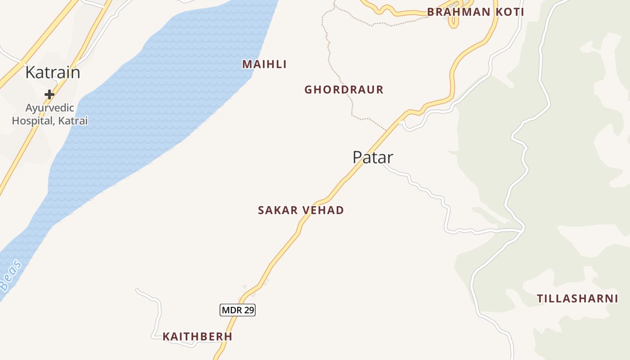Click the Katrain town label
53,72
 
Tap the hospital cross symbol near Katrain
49,94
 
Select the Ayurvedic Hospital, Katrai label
49,114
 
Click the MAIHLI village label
265,64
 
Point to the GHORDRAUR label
344,90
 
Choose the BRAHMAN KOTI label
476,12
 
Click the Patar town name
373,157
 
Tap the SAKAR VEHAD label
301,210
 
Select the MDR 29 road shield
238,310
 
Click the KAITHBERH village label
198,337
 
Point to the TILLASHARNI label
577,298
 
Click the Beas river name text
10,275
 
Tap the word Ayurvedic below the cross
49,108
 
